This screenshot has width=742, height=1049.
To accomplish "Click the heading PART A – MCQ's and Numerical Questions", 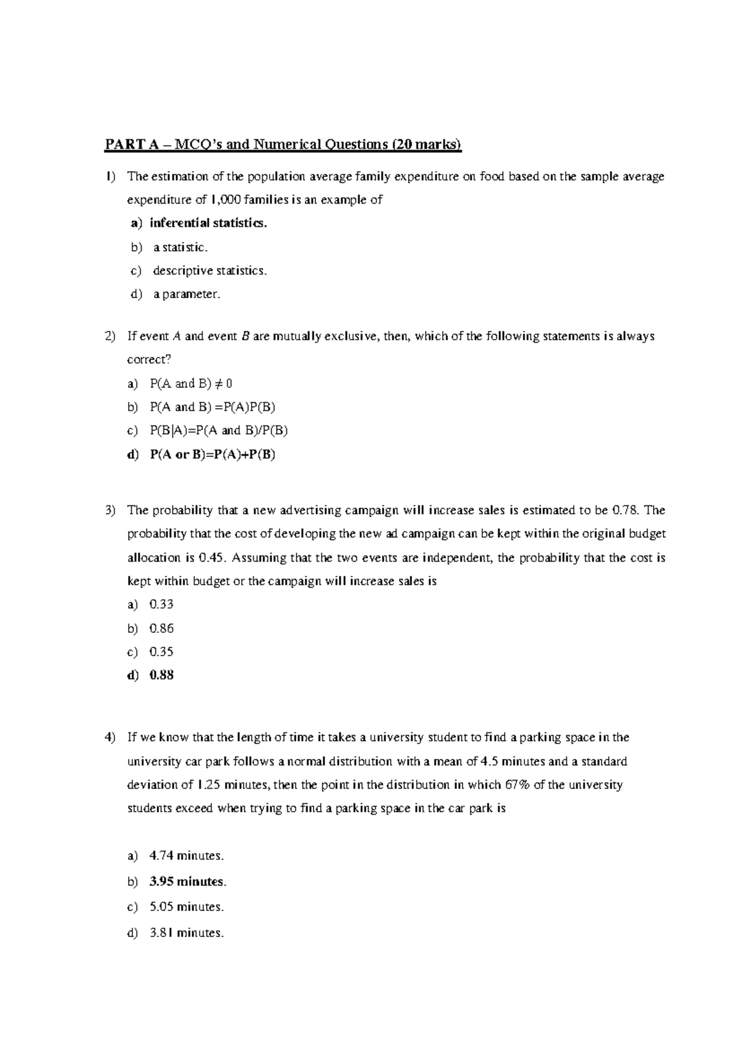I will [283, 145].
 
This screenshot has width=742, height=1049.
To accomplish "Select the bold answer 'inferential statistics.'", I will [208, 223].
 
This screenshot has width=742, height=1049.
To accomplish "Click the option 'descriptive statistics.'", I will [210, 270].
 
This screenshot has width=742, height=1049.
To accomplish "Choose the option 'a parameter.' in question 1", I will [187, 294].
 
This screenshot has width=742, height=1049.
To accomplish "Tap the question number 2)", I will [110, 336].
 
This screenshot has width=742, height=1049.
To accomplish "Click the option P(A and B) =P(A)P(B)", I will [213, 407].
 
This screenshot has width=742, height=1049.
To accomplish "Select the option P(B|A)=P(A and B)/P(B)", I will [219, 430].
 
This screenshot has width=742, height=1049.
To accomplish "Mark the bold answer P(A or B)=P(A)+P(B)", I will [213, 455].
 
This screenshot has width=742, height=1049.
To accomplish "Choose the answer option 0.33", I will [161, 604].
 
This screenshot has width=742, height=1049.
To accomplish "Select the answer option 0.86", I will [161, 628].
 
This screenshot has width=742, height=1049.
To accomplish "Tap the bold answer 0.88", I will [161, 675].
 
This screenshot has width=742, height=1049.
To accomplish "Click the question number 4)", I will [110, 737].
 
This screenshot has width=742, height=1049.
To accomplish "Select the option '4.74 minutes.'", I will [186, 856].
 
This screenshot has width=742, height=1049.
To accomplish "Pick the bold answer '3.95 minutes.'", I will [188, 881].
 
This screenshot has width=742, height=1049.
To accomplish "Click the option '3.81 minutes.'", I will [186, 933].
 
